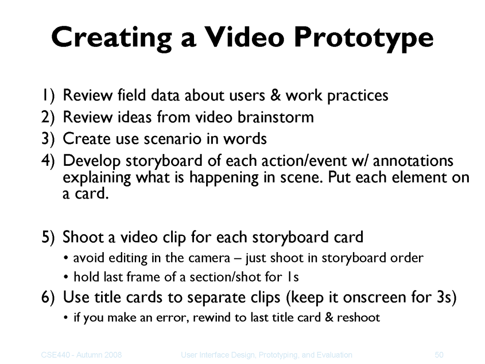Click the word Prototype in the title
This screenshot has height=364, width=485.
tap(364, 38)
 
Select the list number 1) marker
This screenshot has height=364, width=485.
tap(48, 95)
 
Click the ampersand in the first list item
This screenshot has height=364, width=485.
tap(275, 95)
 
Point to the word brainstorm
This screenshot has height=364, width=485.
tap(276, 117)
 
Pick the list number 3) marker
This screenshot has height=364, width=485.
tap(48, 139)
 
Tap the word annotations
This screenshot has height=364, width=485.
tap(413, 161)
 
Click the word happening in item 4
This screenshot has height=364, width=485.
tap(224, 178)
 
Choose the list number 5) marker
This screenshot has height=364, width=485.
tap(48, 237)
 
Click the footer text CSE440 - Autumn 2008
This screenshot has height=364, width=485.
tap(81, 355)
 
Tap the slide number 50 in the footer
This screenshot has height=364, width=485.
tap(439, 355)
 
